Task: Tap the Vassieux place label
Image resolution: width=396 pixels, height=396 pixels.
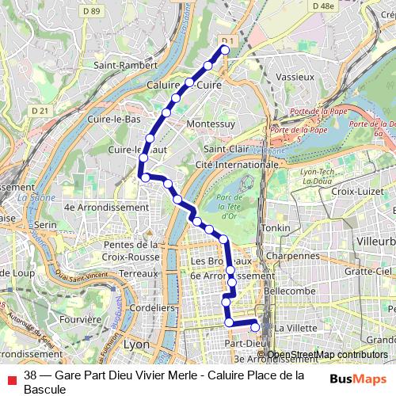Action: coord(295,78)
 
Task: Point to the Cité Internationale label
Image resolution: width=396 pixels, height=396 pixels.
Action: coord(237,164)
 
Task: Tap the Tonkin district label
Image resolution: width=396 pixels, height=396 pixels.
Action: coord(277,228)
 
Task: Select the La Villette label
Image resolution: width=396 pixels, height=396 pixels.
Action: coord(295,328)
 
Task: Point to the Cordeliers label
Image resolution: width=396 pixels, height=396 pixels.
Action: coord(151,307)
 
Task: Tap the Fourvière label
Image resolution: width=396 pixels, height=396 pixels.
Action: coord(81,319)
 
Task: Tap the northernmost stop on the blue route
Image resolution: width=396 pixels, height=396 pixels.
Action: coord(224,49)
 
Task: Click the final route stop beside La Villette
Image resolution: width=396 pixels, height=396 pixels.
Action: coord(255,326)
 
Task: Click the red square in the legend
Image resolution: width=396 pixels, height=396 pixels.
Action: coord(10,376)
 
